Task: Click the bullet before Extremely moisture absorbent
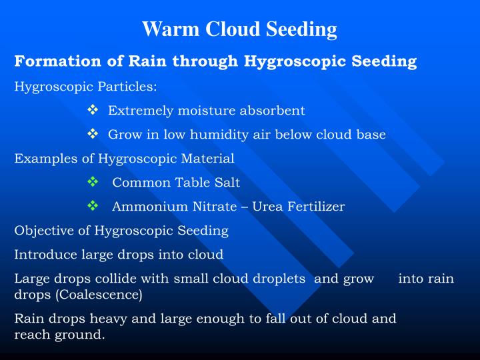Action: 93,110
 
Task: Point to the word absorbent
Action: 275,111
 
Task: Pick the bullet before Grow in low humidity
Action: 93,134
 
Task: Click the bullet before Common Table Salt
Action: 93,182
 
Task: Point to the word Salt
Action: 227,183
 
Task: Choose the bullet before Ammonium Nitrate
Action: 93,206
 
